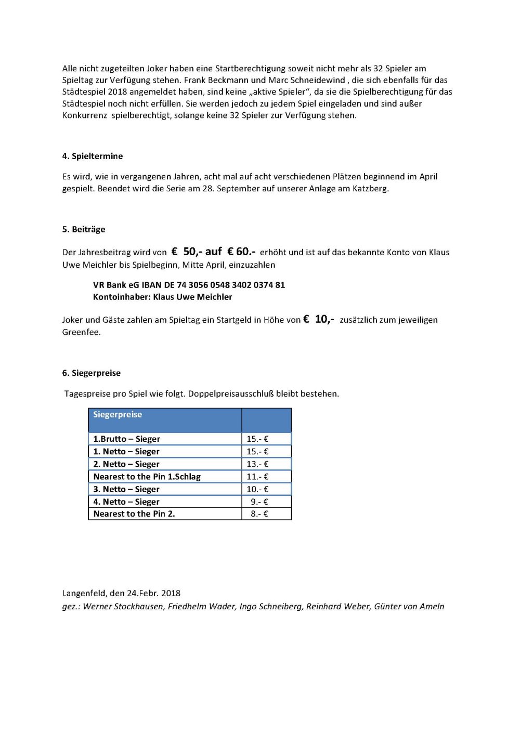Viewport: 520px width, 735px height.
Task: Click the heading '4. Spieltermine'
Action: tap(93, 156)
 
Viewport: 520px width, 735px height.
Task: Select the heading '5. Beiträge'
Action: tap(84, 229)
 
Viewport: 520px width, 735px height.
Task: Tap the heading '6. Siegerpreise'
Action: tap(92, 373)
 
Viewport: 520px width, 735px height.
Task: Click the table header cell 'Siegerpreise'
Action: tap(118, 415)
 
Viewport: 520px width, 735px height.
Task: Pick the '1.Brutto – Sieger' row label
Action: tap(126, 439)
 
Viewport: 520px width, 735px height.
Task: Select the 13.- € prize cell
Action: tap(257, 464)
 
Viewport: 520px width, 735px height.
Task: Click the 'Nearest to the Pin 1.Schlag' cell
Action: tap(147, 476)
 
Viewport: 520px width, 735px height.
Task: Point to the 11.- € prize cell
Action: tap(257, 476)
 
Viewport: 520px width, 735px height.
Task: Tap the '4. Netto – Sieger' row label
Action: tap(126, 502)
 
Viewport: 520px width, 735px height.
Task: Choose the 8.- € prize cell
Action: tap(259, 514)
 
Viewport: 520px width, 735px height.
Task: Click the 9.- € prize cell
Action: tap(259, 502)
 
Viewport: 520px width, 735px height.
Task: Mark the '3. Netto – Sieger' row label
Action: tap(126, 489)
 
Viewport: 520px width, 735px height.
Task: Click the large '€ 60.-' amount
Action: tap(241, 252)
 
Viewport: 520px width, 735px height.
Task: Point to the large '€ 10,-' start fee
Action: tap(319, 319)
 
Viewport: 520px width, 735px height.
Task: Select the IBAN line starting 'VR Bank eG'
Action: tap(189, 285)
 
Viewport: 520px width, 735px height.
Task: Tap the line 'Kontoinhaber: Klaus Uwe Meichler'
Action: tap(162, 297)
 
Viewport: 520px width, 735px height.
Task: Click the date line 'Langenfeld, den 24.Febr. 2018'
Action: tap(121, 593)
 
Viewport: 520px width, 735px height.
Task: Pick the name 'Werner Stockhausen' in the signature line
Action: tap(123, 606)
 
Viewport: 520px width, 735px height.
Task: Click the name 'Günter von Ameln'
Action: tap(409, 606)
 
